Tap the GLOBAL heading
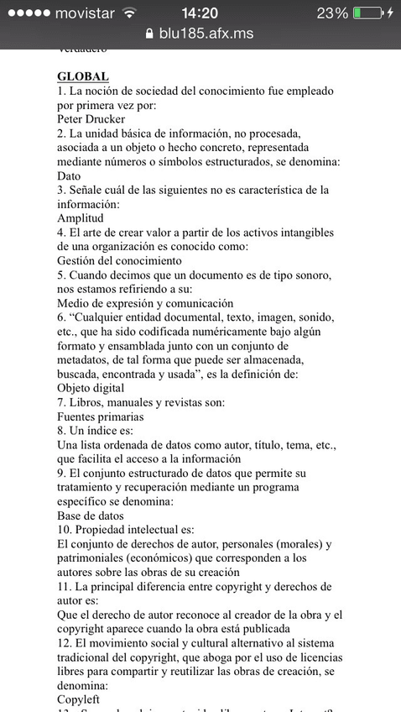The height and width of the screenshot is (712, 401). (83, 76)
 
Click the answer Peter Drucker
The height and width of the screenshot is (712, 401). (92, 118)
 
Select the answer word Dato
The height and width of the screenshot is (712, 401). (69, 175)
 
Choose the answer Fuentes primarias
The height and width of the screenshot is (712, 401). (100, 416)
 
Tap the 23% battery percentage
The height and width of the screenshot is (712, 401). (332, 13)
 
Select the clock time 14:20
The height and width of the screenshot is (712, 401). (200, 13)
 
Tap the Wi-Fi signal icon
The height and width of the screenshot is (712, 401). (128, 13)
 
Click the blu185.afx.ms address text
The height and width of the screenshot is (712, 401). (206, 34)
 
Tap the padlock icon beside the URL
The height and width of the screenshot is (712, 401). (150, 34)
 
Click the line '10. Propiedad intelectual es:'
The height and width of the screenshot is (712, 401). (126, 530)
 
